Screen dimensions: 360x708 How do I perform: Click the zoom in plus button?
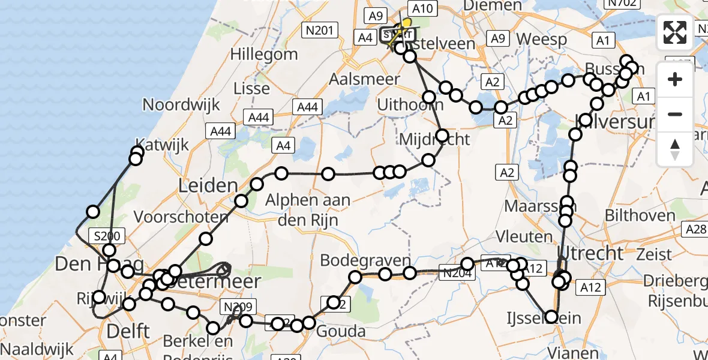pyautogui.click(x=675, y=79)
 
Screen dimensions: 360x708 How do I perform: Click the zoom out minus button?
pyautogui.click(x=675, y=114)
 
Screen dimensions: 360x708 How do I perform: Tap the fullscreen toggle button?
pyautogui.click(x=675, y=32)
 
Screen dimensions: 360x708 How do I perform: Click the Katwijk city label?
pyautogui.click(x=166, y=145)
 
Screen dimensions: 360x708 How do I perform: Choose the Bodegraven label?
pyautogui.click(x=365, y=261)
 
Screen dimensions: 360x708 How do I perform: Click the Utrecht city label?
pyautogui.click(x=590, y=252)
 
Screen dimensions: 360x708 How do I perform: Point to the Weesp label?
pyautogui.click(x=541, y=40)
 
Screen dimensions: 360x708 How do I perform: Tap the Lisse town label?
pyautogui.click(x=251, y=89)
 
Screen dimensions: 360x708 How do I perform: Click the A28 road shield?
pyautogui.click(x=696, y=228)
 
